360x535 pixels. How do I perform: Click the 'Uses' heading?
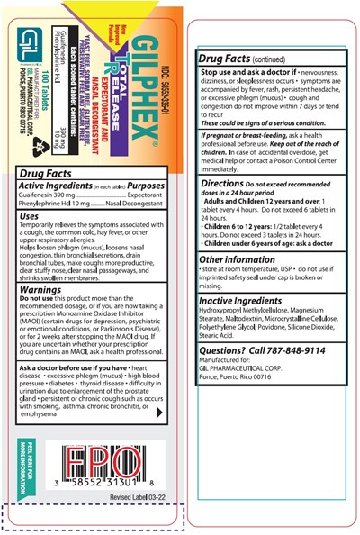(x=29, y=216)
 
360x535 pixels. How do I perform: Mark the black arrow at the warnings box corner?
(x=159, y=413)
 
